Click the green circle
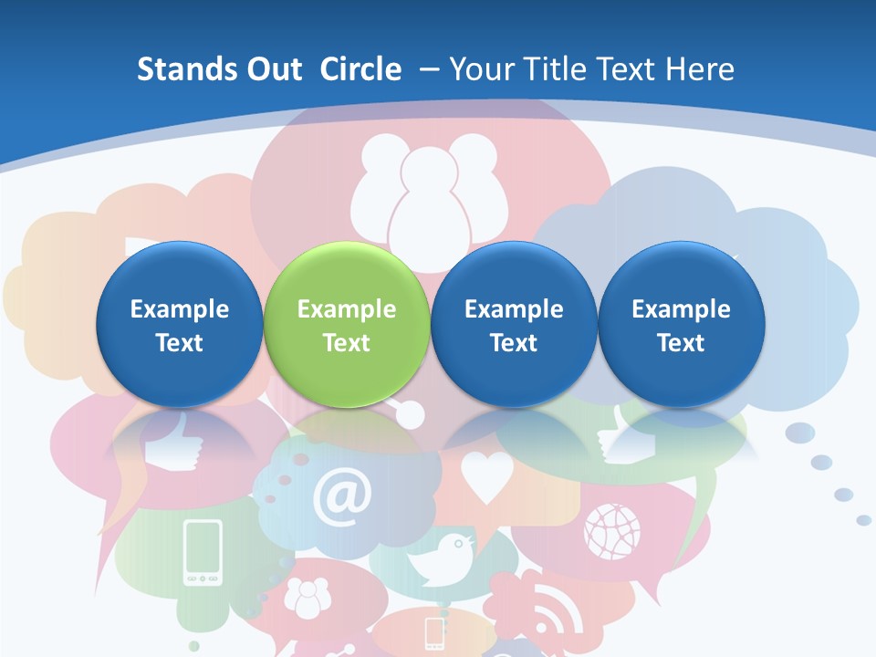pos(346,325)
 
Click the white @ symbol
pos(342,498)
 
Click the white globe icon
pos(612,530)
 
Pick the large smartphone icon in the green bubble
pos(203,552)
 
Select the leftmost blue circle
pos(179,325)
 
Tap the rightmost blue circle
pos(681,325)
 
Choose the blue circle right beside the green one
pos(514,325)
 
